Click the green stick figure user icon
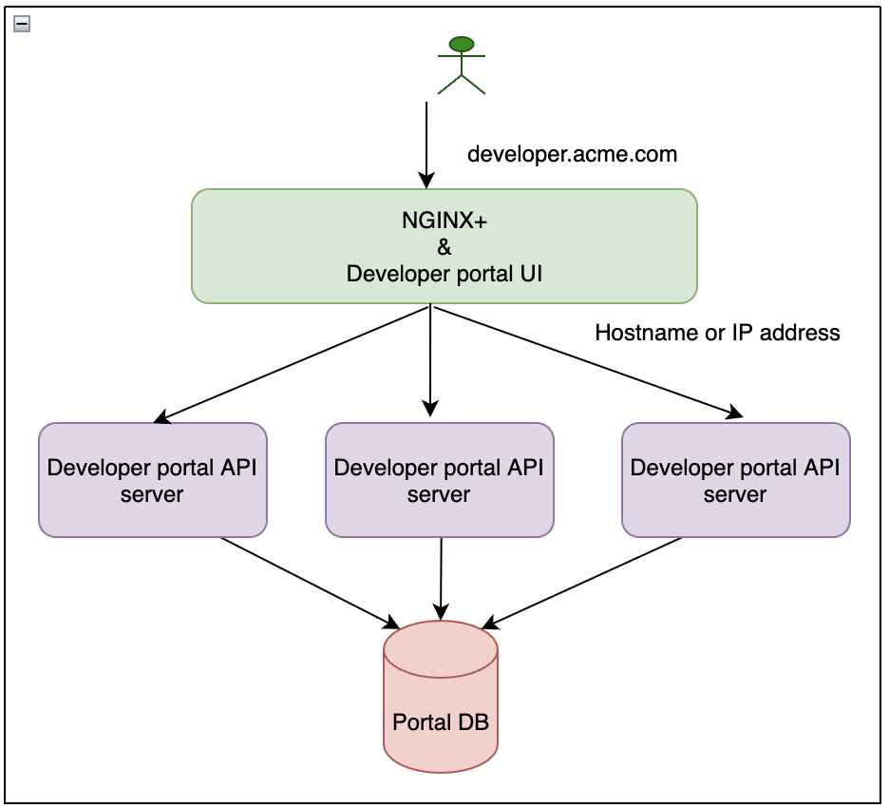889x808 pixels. tap(462, 67)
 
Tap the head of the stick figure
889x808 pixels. tap(462, 44)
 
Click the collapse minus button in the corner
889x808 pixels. tap(22, 24)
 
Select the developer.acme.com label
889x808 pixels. tap(572, 154)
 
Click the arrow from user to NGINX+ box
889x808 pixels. tap(426, 143)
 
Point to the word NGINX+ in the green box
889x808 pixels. tap(444, 221)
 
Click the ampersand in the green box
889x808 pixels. tap(444, 247)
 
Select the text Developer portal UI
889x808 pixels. tap(444, 274)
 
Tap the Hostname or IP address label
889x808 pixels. tap(717, 333)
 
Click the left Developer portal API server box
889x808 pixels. tap(152, 480)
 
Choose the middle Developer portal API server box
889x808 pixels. tap(439, 480)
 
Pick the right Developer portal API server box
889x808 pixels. tap(735, 480)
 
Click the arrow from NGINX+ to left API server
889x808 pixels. tap(294, 362)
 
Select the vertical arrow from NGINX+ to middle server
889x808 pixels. tap(430, 361)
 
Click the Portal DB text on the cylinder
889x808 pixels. tap(441, 722)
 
